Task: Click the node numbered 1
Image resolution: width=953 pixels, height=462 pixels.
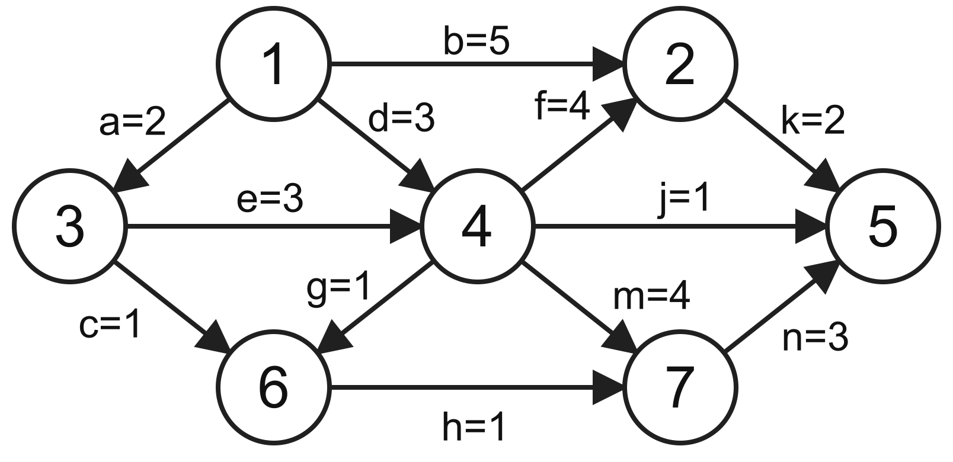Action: pos(274,64)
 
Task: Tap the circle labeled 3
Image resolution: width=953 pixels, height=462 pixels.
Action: pos(70,226)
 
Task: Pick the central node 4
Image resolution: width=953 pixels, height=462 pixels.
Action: pos(477,226)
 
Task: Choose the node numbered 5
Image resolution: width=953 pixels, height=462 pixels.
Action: pos(883,226)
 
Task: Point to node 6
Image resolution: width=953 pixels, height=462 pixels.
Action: pos(274,387)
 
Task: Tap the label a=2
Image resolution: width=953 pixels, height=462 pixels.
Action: pos(132,123)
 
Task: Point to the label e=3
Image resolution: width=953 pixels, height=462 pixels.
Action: pos(270,198)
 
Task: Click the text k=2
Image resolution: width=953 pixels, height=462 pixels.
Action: pos(813,121)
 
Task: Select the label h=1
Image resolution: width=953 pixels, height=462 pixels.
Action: pos(474,427)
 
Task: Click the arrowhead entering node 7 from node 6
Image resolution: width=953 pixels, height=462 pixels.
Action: pos(609,387)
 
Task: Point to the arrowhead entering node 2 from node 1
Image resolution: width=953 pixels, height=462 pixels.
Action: pos(609,64)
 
